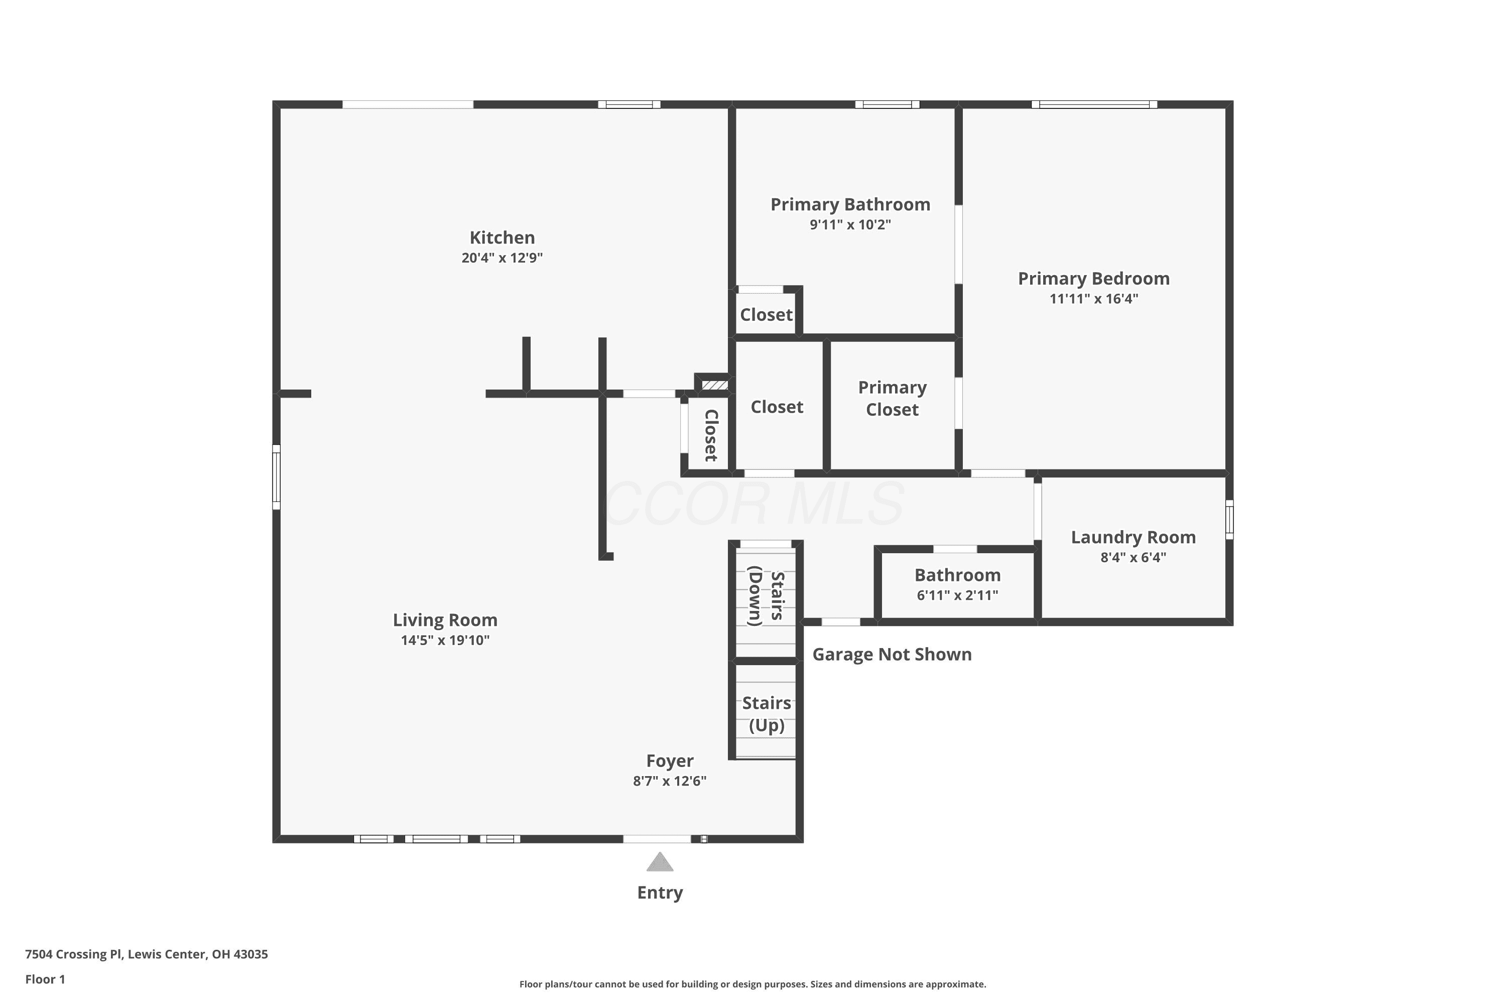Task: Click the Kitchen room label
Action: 502,237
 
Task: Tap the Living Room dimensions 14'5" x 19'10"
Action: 445,641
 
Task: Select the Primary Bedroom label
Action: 1094,279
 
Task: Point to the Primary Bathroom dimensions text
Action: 850,225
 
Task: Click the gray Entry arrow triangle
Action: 660,862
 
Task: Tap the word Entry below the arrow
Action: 660,893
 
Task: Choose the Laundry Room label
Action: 1134,537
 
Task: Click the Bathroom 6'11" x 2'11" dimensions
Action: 957,595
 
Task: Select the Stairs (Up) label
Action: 767,714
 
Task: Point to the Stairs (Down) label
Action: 767,596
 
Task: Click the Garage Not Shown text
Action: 892,655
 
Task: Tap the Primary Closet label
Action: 892,398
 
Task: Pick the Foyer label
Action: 670,761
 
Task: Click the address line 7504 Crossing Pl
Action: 147,954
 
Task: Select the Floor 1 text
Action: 45,979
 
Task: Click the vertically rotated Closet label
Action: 711,435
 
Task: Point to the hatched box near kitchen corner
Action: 714,386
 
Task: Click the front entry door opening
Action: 657,839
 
